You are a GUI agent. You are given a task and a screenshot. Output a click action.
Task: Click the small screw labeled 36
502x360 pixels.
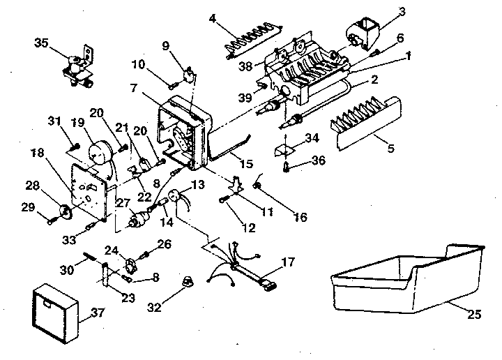pyautogui.click(x=287, y=166)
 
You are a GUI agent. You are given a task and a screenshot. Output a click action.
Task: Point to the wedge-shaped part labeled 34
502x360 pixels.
pyautogui.click(x=284, y=149)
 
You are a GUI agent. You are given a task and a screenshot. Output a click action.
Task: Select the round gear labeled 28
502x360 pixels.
pyautogui.click(x=65, y=210)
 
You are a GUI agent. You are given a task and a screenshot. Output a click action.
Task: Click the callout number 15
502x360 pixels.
pyautogui.click(x=246, y=165)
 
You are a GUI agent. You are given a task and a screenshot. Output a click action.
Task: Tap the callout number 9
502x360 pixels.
pyautogui.click(x=165, y=47)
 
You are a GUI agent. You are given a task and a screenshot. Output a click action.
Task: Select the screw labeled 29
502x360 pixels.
pyautogui.click(x=52, y=223)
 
